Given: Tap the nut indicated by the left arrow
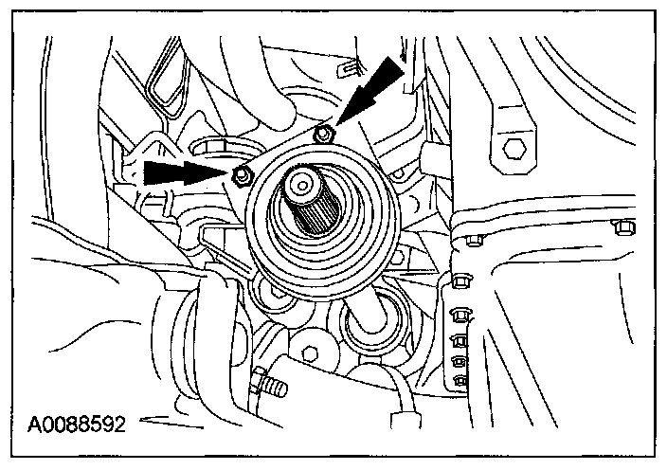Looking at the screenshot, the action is (241, 174).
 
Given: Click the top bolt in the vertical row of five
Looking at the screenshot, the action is (462, 281).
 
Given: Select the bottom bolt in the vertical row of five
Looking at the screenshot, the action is (460, 382).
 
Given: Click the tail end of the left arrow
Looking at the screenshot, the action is (148, 172).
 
